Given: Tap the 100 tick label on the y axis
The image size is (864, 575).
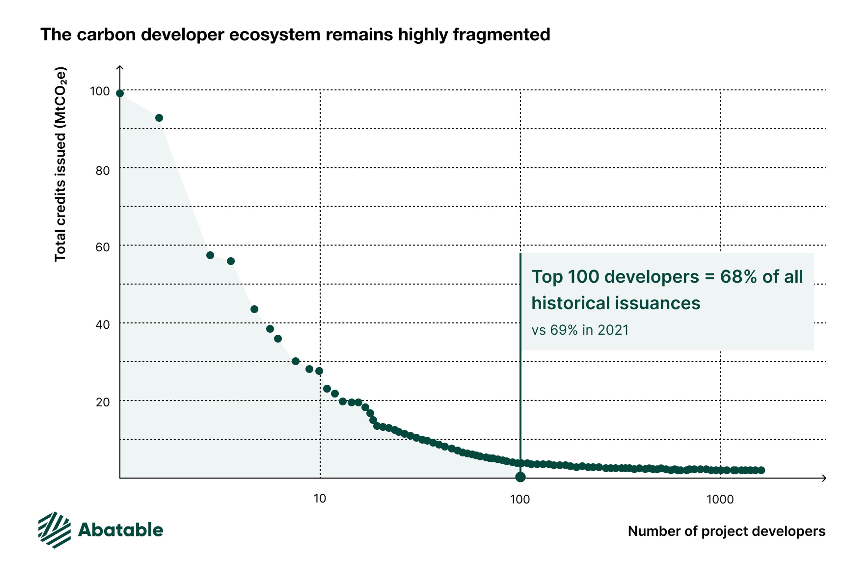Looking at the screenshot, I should tap(100, 91).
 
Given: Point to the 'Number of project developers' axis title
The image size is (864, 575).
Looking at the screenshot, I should tap(727, 531).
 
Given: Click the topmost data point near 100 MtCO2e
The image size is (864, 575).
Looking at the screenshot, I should tap(120, 94).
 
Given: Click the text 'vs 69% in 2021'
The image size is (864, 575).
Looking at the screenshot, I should tap(580, 330).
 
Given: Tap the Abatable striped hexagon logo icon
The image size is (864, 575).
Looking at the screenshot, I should tap(54, 530).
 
